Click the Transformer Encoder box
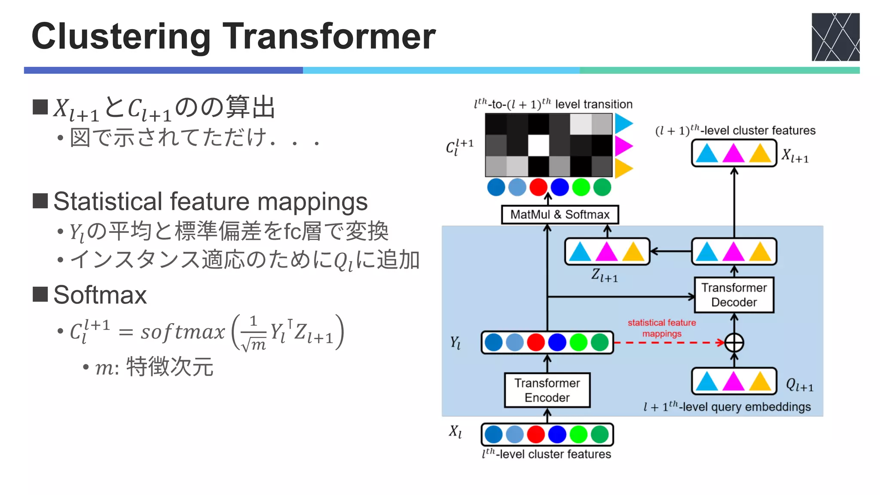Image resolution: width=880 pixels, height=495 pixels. tap(547, 390)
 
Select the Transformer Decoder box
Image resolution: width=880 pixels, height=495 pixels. tap(734, 295)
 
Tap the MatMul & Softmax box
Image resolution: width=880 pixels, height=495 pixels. tap(559, 214)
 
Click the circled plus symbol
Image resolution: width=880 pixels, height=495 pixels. tap(734, 343)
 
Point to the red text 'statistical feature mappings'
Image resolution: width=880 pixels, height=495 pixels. tap(662, 328)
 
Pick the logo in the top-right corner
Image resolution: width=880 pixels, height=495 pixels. tap(835, 37)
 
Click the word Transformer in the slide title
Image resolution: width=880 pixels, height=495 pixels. tap(329, 37)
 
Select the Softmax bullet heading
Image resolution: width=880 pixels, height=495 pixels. tap(100, 295)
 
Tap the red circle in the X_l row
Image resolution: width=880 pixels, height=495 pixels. tap(536, 434)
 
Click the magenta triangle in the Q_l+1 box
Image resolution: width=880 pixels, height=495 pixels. tap(733, 381)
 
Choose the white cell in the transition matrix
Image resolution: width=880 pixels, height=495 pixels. tap(538, 145)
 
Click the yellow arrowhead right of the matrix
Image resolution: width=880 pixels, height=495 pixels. tap(623, 168)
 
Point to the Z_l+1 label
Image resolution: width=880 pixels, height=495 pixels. tap(604, 275)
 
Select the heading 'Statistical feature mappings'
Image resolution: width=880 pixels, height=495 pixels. tap(211, 202)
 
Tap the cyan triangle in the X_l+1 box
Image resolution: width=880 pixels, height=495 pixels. tap(707, 153)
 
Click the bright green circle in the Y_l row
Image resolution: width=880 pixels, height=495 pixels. tap(578, 342)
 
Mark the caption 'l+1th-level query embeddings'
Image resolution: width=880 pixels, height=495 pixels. tap(727, 406)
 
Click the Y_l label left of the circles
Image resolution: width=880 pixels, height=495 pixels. tap(455, 343)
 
